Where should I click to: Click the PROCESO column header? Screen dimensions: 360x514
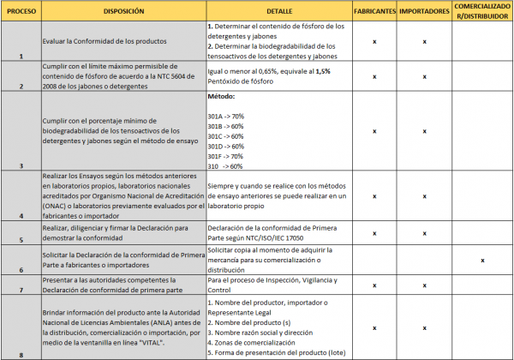[x=19, y=12]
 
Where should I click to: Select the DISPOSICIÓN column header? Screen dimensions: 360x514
[x=123, y=12]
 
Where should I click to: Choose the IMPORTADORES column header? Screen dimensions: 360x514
[x=426, y=12]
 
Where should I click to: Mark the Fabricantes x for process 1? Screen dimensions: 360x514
[x=375, y=41]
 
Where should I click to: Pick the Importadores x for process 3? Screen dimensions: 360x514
[x=426, y=131]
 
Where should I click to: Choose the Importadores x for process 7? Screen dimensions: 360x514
[x=426, y=284]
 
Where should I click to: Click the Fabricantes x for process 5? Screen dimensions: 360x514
[x=375, y=233]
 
